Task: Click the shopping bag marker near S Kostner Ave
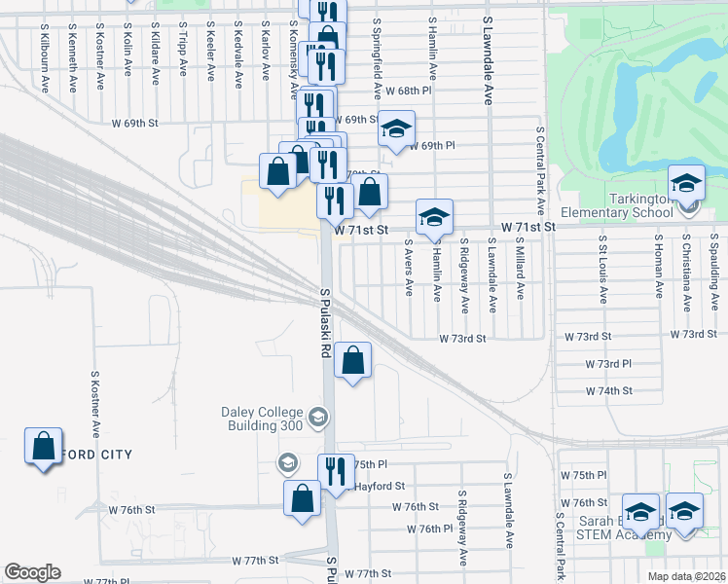(43, 448)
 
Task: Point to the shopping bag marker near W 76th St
(302, 498)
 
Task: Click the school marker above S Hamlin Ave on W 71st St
(434, 217)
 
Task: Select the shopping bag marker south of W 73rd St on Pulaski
(353, 360)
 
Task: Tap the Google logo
(32, 572)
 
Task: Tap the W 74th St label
(609, 390)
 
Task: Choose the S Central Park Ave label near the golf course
(538, 170)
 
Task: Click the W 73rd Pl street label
(609, 363)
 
